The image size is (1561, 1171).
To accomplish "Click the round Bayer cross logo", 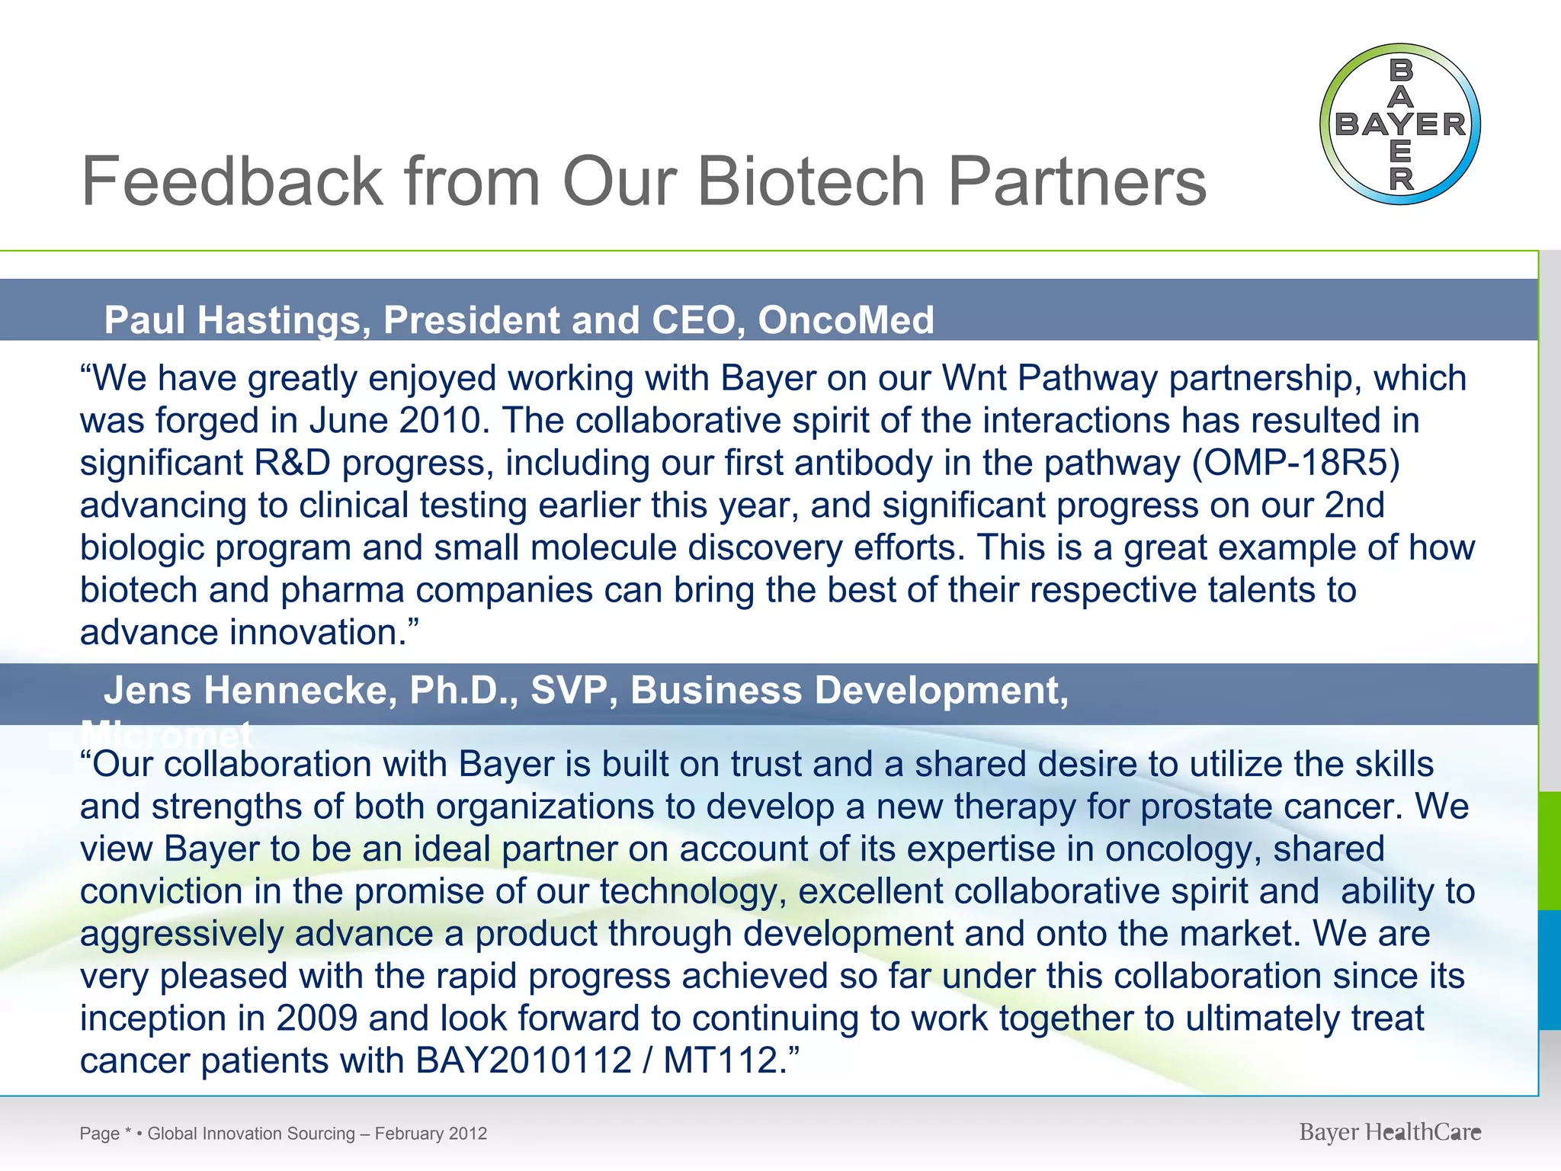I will [x=1399, y=124].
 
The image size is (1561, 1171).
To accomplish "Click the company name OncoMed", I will [x=846, y=319].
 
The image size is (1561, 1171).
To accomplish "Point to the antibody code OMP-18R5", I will [x=1296, y=463].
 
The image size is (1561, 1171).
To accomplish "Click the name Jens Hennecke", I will [x=251, y=691].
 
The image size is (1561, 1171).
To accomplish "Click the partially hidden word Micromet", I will [x=166, y=733].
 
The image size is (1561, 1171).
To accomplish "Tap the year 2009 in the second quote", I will [x=316, y=1019].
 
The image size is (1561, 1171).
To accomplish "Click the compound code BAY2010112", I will [x=524, y=1060].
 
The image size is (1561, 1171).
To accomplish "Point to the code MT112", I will [x=720, y=1060].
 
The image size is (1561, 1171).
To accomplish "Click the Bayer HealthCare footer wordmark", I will [x=1390, y=1133].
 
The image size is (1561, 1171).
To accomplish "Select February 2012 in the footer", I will [x=431, y=1134].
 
